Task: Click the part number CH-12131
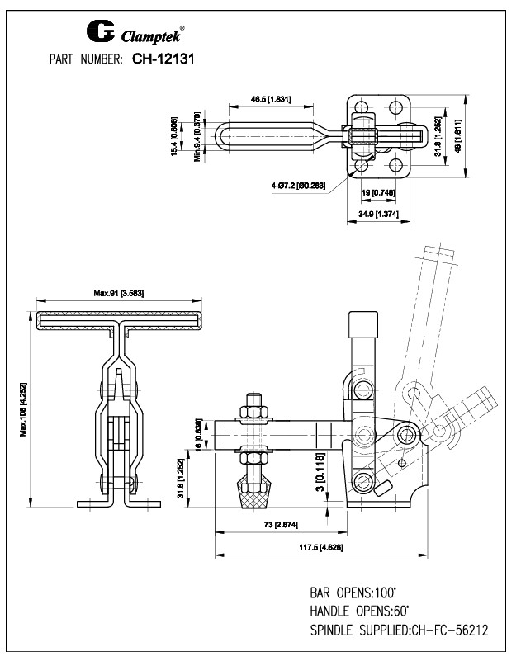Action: point(163,59)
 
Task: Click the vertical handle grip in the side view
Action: point(363,328)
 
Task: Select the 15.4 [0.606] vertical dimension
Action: point(175,137)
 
